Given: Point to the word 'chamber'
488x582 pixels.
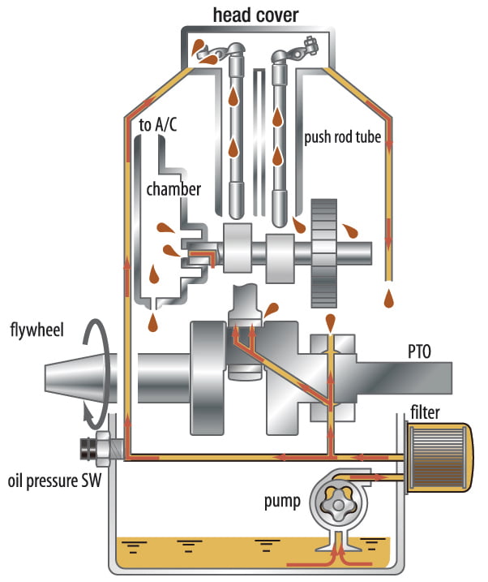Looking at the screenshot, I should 173,188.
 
